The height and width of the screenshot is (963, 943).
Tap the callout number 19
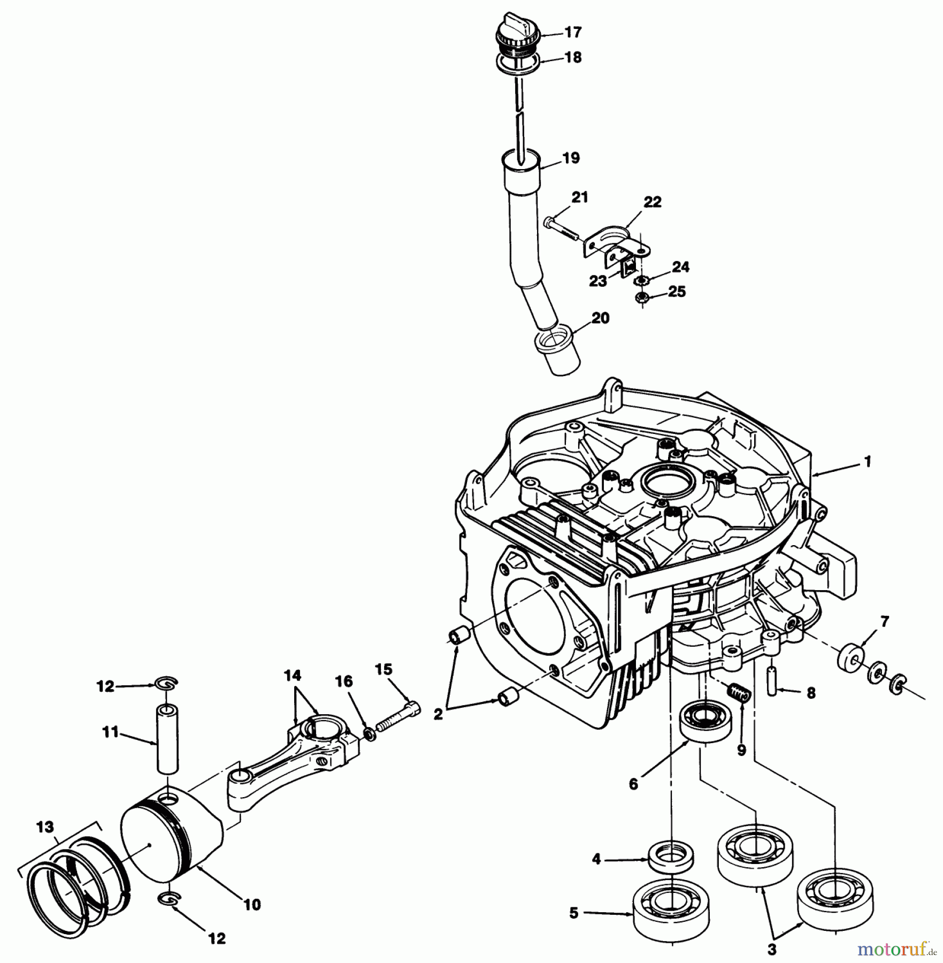(x=571, y=158)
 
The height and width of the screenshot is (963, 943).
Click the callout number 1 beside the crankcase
(x=868, y=461)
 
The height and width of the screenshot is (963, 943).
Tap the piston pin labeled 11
(x=168, y=739)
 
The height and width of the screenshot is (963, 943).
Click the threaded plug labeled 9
(x=741, y=695)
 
